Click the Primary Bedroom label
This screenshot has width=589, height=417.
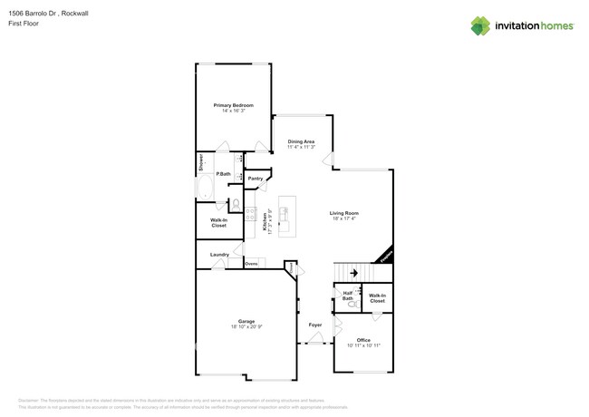click(x=233, y=106)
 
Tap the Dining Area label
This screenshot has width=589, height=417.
click(x=301, y=141)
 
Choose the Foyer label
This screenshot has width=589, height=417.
click(x=315, y=325)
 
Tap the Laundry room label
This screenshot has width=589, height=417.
click(x=219, y=255)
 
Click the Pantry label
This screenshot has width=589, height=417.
click(x=256, y=179)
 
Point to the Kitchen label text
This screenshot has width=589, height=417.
click(x=266, y=223)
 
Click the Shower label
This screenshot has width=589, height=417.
click(x=201, y=163)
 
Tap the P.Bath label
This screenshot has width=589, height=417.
click(x=222, y=173)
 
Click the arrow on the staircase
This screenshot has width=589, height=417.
click(x=354, y=272)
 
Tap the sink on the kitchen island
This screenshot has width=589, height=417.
click(x=285, y=214)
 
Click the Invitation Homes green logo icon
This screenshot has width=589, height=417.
click(x=480, y=25)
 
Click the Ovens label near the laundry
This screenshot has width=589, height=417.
click(x=251, y=264)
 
